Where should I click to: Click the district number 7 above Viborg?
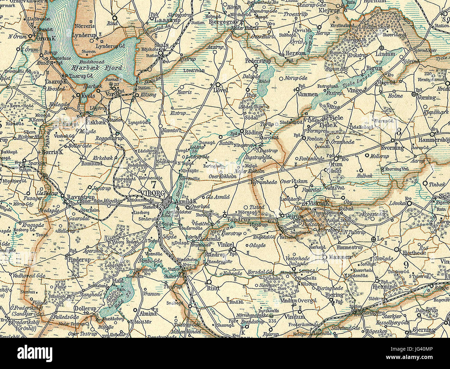[x=153, y=184]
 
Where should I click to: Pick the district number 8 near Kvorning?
[x=399, y=132]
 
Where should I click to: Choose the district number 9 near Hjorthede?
[x=406, y=265]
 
